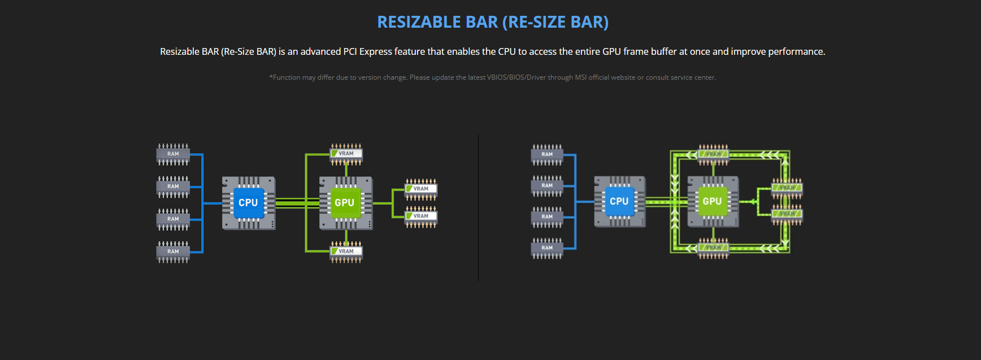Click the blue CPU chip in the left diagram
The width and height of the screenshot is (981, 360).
click(x=248, y=202)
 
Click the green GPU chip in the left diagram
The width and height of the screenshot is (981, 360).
click(x=345, y=202)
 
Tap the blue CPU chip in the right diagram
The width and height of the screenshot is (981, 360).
click(x=619, y=201)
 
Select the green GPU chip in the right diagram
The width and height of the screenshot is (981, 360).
click(x=712, y=201)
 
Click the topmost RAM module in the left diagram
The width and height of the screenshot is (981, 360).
click(x=173, y=154)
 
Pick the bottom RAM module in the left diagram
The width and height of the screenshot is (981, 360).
click(x=173, y=251)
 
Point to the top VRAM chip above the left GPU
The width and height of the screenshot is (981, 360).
click(x=346, y=154)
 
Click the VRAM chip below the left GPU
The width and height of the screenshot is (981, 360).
click(x=346, y=251)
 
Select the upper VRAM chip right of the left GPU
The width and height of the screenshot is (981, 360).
click(x=421, y=189)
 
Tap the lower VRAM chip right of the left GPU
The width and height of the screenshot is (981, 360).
click(x=421, y=216)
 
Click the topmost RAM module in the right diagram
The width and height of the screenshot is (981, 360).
click(x=547, y=154)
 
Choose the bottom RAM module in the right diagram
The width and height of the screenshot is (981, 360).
click(x=547, y=248)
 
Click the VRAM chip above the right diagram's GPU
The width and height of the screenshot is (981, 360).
click(x=713, y=154)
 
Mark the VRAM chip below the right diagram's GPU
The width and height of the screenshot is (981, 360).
click(x=713, y=248)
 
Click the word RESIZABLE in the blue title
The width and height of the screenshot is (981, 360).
click(x=419, y=22)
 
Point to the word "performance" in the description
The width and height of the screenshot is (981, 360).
click(x=796, y=51)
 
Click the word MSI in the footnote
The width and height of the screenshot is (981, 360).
click(x=580, y=77)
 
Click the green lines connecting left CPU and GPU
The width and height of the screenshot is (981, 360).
click(x=297, y=203)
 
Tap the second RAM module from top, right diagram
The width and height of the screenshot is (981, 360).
click(x=547, y=185)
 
